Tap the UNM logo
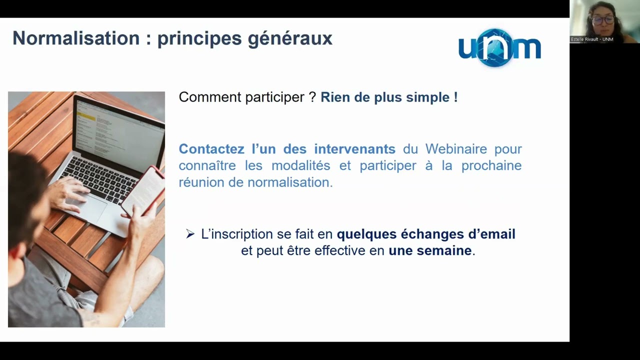499,48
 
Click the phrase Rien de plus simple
388,97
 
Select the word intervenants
354,149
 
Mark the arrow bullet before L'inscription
190,234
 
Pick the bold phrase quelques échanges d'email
425,234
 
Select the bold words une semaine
430,250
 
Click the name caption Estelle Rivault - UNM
592,39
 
